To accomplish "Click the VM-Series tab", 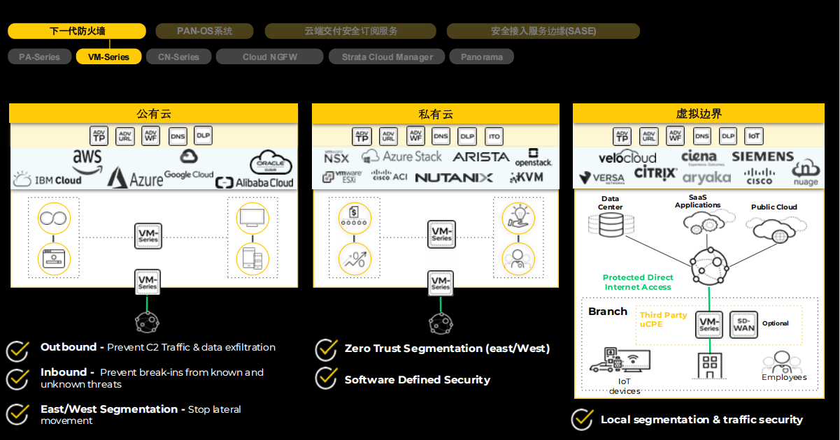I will pos(108,57).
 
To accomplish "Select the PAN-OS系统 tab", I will pos(204,31).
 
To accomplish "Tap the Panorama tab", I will pos(481,57).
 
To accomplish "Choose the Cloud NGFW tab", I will pos(269,57).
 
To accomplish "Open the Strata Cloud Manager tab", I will pos(387,57).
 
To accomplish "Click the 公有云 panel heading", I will pos(153,114).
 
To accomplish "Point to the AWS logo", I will pos(87,160).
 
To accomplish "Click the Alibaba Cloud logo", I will pos(255,182).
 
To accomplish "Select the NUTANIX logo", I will pos(453,178).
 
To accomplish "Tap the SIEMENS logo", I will pos(762,156).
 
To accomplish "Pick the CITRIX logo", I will pos(655,173).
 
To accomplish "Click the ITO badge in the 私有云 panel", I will pos(493,136).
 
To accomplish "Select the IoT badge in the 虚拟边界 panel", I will pos(754,136).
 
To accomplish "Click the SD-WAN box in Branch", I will pos(743,324).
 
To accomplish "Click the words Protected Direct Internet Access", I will pos(638,282).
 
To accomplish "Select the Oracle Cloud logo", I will pos(271,163).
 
